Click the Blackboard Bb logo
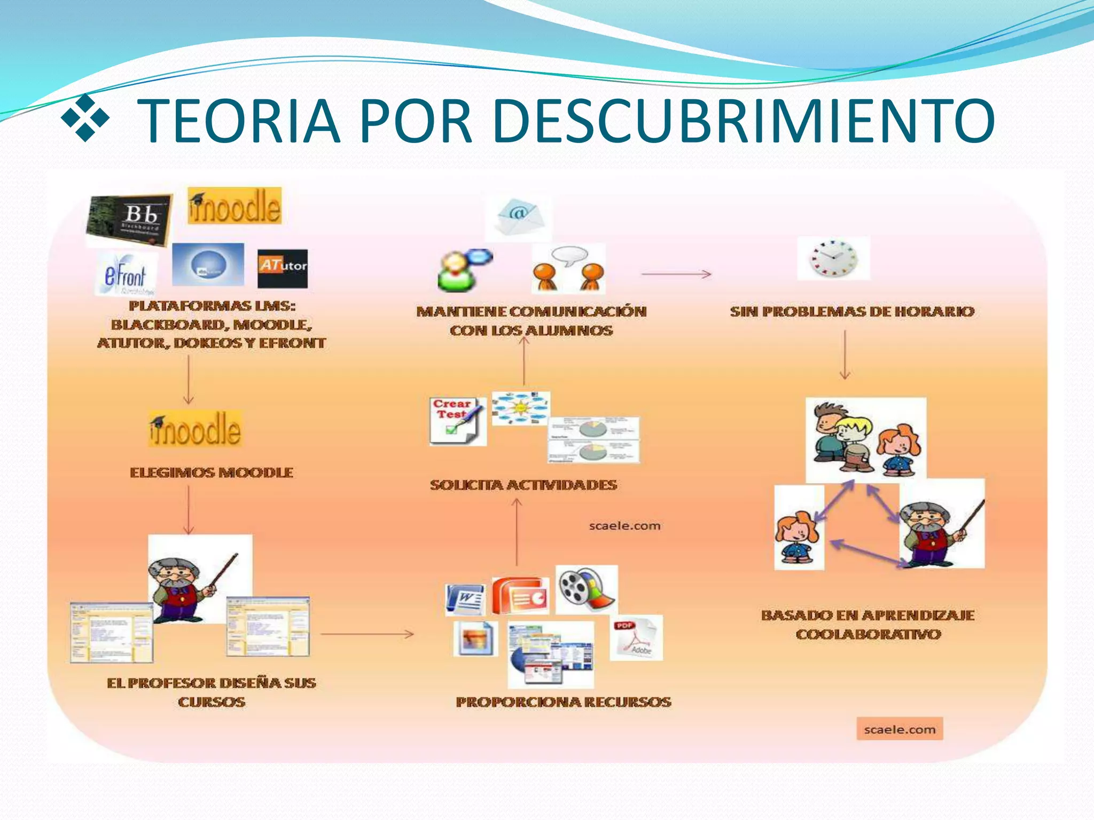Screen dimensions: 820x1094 (x=129, y=219)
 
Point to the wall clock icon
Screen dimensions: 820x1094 (x=833, y=258)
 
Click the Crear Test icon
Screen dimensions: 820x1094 (x=457, y=421)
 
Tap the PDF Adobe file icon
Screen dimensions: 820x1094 (x=636, y=637)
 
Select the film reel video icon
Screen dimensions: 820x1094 (x=587, y=589)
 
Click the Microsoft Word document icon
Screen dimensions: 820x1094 (x=466, y=598)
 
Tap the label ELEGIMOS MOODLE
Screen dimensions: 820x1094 (x=212, y=472)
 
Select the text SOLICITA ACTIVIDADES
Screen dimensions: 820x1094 (x=523, y=485)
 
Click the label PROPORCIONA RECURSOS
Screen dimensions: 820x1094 (x=564, y=701)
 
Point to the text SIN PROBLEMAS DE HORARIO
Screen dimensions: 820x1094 (x=852, y=311)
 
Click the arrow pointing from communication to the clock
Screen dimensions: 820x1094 (x=676, y=274)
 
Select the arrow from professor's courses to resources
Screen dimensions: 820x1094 (x=367, y=634)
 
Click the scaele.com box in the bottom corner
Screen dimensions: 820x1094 (x=900, y=729)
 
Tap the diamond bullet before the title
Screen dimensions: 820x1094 (x=85, y=118)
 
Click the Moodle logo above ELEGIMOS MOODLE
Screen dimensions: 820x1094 (x=196, y=429)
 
